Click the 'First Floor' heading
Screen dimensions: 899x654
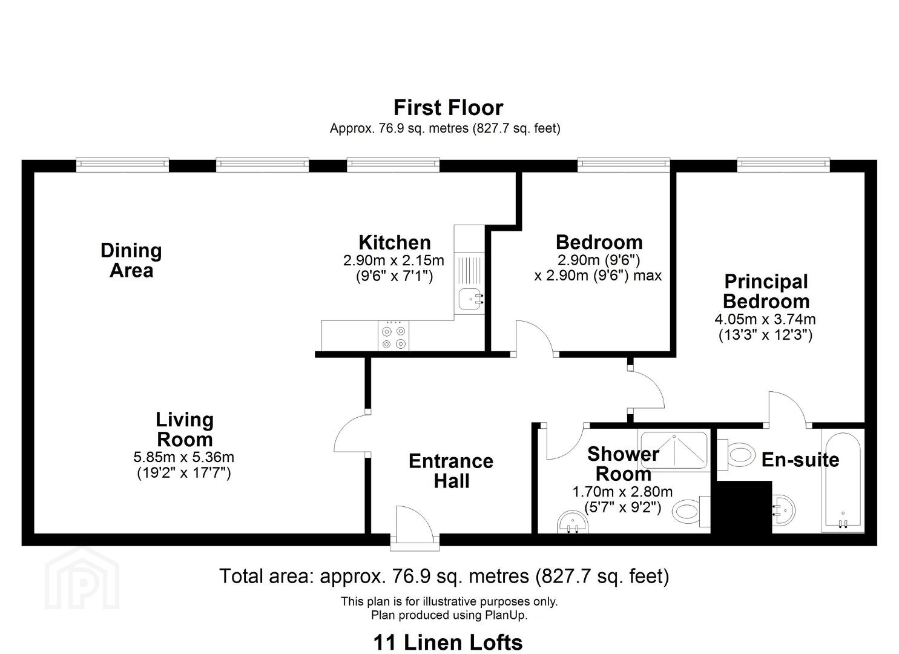point(448,108)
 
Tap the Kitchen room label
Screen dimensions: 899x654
point(395,242)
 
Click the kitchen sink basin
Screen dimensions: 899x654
point(470,299)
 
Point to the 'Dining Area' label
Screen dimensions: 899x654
point(131,260)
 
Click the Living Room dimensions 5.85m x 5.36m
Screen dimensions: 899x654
point(184,457)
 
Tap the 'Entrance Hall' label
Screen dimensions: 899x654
point(451,471)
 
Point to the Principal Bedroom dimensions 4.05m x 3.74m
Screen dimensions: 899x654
point(765,319)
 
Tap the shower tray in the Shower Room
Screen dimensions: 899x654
point(674,450)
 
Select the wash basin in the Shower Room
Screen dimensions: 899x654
point(573,521)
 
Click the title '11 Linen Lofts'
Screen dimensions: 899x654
point(448,642)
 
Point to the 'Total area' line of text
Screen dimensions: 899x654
point(444,576)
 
